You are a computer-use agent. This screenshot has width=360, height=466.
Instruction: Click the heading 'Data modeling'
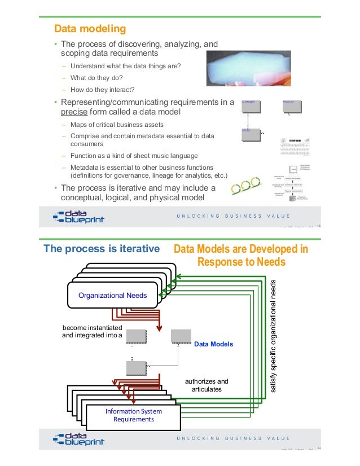89,28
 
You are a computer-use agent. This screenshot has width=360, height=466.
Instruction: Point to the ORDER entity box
250,136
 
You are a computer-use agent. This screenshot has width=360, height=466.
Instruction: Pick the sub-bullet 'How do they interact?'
103,89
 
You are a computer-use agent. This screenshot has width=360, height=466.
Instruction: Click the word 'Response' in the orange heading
221,262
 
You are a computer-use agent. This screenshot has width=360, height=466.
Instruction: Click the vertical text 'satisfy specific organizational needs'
274,337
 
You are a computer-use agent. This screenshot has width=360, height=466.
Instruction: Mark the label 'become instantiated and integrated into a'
92,331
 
